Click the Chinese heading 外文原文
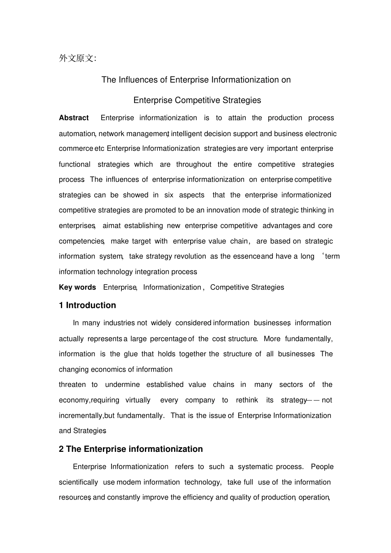point(77,58)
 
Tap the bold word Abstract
point(74,118)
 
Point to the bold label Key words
point(77,287)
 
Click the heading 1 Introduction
point(87,305)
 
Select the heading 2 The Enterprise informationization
point(130,449)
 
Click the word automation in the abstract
point(77,134)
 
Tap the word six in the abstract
point(169,195)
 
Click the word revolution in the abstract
point(190,257)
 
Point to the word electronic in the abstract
point(321,134)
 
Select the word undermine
point(122,385)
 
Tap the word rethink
point(247,400)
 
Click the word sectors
point(291,385)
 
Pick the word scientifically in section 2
point(78,482)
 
